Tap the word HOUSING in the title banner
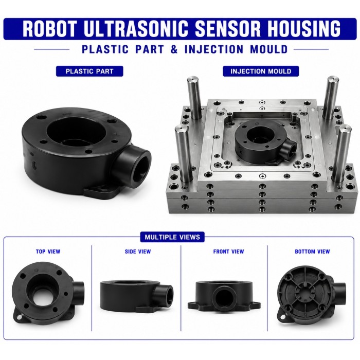click(303, 29)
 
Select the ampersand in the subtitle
click(174, 49)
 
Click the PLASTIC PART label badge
click(89, 71)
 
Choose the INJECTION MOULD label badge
click(261, 71)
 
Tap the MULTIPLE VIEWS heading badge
click(172, 237)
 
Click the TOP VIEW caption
click(48, 251)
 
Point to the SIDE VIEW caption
click(138, 251)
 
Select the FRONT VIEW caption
click(228, 251)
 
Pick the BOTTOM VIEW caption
click(312, 251)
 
